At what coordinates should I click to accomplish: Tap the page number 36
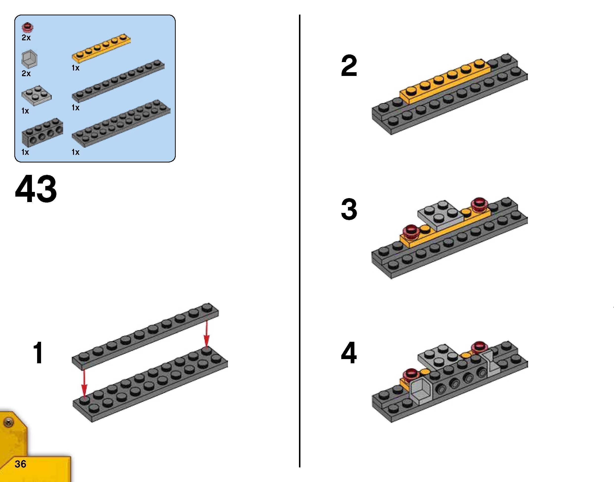coord(21,464)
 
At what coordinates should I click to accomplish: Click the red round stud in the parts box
coord(28,27)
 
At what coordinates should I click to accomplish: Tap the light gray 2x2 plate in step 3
coord(441,215)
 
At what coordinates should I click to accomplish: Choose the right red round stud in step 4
coord(479,347)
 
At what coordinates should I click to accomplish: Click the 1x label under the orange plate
coord(75,68)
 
